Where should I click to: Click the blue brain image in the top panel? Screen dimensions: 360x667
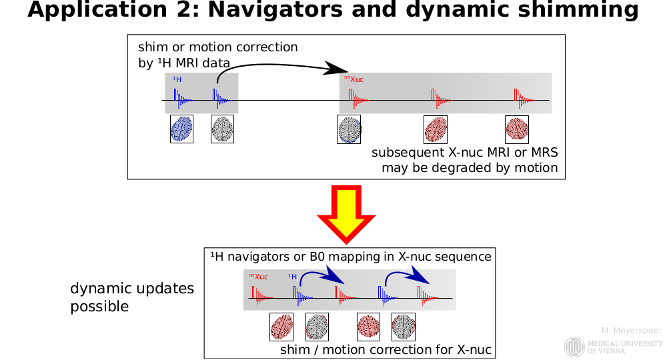coord(181,128)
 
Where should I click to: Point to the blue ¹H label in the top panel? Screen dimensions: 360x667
coord(177,80)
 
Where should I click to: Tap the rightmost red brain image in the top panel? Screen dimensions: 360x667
coord(517,128)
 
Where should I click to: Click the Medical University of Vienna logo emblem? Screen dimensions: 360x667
coord(574,347)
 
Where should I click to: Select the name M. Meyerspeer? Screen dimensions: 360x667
coord(631,331)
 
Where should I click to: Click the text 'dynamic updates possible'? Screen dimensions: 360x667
coord(132,297)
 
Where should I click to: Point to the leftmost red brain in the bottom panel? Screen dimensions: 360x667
coord(281,327)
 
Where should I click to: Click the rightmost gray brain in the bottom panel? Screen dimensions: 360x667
coord(403,327)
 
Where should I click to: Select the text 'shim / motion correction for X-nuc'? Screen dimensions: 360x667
coord(386,349)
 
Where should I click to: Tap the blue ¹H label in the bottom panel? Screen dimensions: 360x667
coord(292,276)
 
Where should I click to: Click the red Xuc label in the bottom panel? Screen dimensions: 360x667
coord(259,276)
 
